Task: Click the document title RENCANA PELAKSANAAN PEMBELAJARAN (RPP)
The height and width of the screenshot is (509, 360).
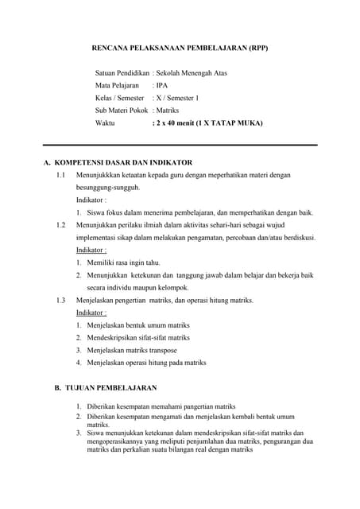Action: click(x=181, y=48)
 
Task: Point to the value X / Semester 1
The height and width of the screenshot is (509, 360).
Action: click(x=177, y=99)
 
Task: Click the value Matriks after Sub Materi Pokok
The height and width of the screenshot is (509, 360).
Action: click(x=168, y=111)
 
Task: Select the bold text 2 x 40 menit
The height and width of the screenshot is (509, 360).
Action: click(x=180, y=124)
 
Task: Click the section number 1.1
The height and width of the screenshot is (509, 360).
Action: click(x=60, y=175)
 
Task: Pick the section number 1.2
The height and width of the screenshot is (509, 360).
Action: click(x=60, y=225)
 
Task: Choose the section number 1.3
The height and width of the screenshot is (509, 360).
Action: click(x=60, y=300)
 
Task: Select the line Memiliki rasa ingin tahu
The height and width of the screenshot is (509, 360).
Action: click(x=122, y=262)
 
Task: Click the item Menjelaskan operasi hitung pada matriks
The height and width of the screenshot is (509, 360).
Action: click(x=146, y=363)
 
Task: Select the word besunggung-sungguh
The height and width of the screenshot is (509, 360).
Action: click(x=108, y=188)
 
